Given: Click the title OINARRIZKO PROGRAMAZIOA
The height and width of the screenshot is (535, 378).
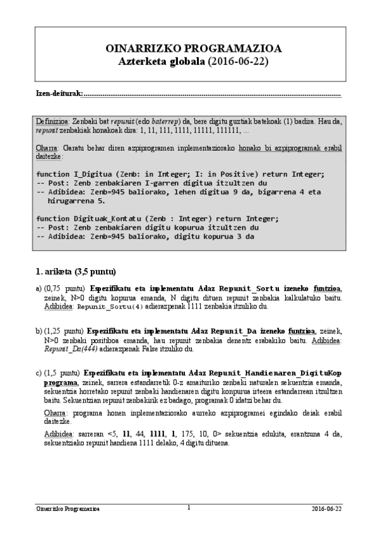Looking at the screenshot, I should coord(189,49).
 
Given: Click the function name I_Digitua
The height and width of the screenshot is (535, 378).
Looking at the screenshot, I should coord(94,173).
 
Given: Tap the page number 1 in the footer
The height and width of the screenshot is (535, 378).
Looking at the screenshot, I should coord(189,507).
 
